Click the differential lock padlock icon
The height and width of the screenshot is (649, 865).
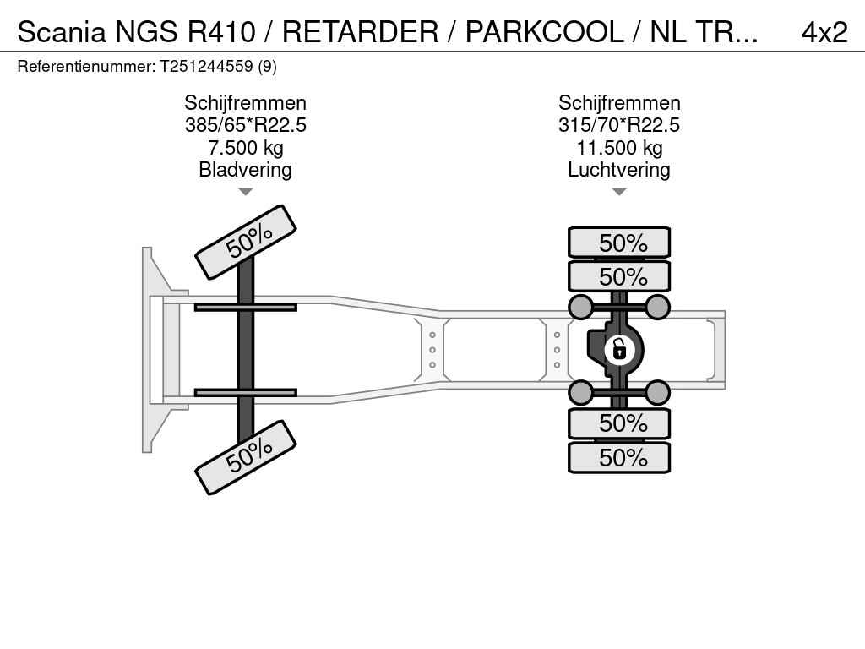tap(619, 350)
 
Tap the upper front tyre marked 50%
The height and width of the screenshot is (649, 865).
tap(246, 243)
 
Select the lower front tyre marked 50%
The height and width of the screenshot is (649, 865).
tap(246, 457)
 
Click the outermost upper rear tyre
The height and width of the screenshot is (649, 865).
tap(619, 243)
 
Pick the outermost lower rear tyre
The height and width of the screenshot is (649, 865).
tap(619, 457)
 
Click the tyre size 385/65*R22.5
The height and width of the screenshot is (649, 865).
tap(246, 125)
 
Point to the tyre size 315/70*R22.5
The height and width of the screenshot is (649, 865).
tap(619, 125)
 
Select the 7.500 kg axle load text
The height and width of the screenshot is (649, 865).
tap(246, 148)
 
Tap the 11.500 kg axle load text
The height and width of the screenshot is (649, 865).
tap(619, 148)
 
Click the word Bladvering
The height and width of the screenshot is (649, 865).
tap(246, 170)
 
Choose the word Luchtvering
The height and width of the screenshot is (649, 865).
tap(619, 170)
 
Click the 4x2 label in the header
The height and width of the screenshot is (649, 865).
tap(824, 33)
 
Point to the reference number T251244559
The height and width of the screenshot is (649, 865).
tap(207, 67)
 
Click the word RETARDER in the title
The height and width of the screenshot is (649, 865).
tap(360, 32)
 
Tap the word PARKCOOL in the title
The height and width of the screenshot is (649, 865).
tap(545, 32)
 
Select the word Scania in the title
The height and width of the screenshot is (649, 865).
tap(62, 32)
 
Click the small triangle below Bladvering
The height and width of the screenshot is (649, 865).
tap(246, 192)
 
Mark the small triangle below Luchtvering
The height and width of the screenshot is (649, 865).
tap(619, 192)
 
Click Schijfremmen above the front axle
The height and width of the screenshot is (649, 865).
tap(246, 103)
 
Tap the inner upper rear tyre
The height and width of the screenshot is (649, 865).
tap(619, 276)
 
